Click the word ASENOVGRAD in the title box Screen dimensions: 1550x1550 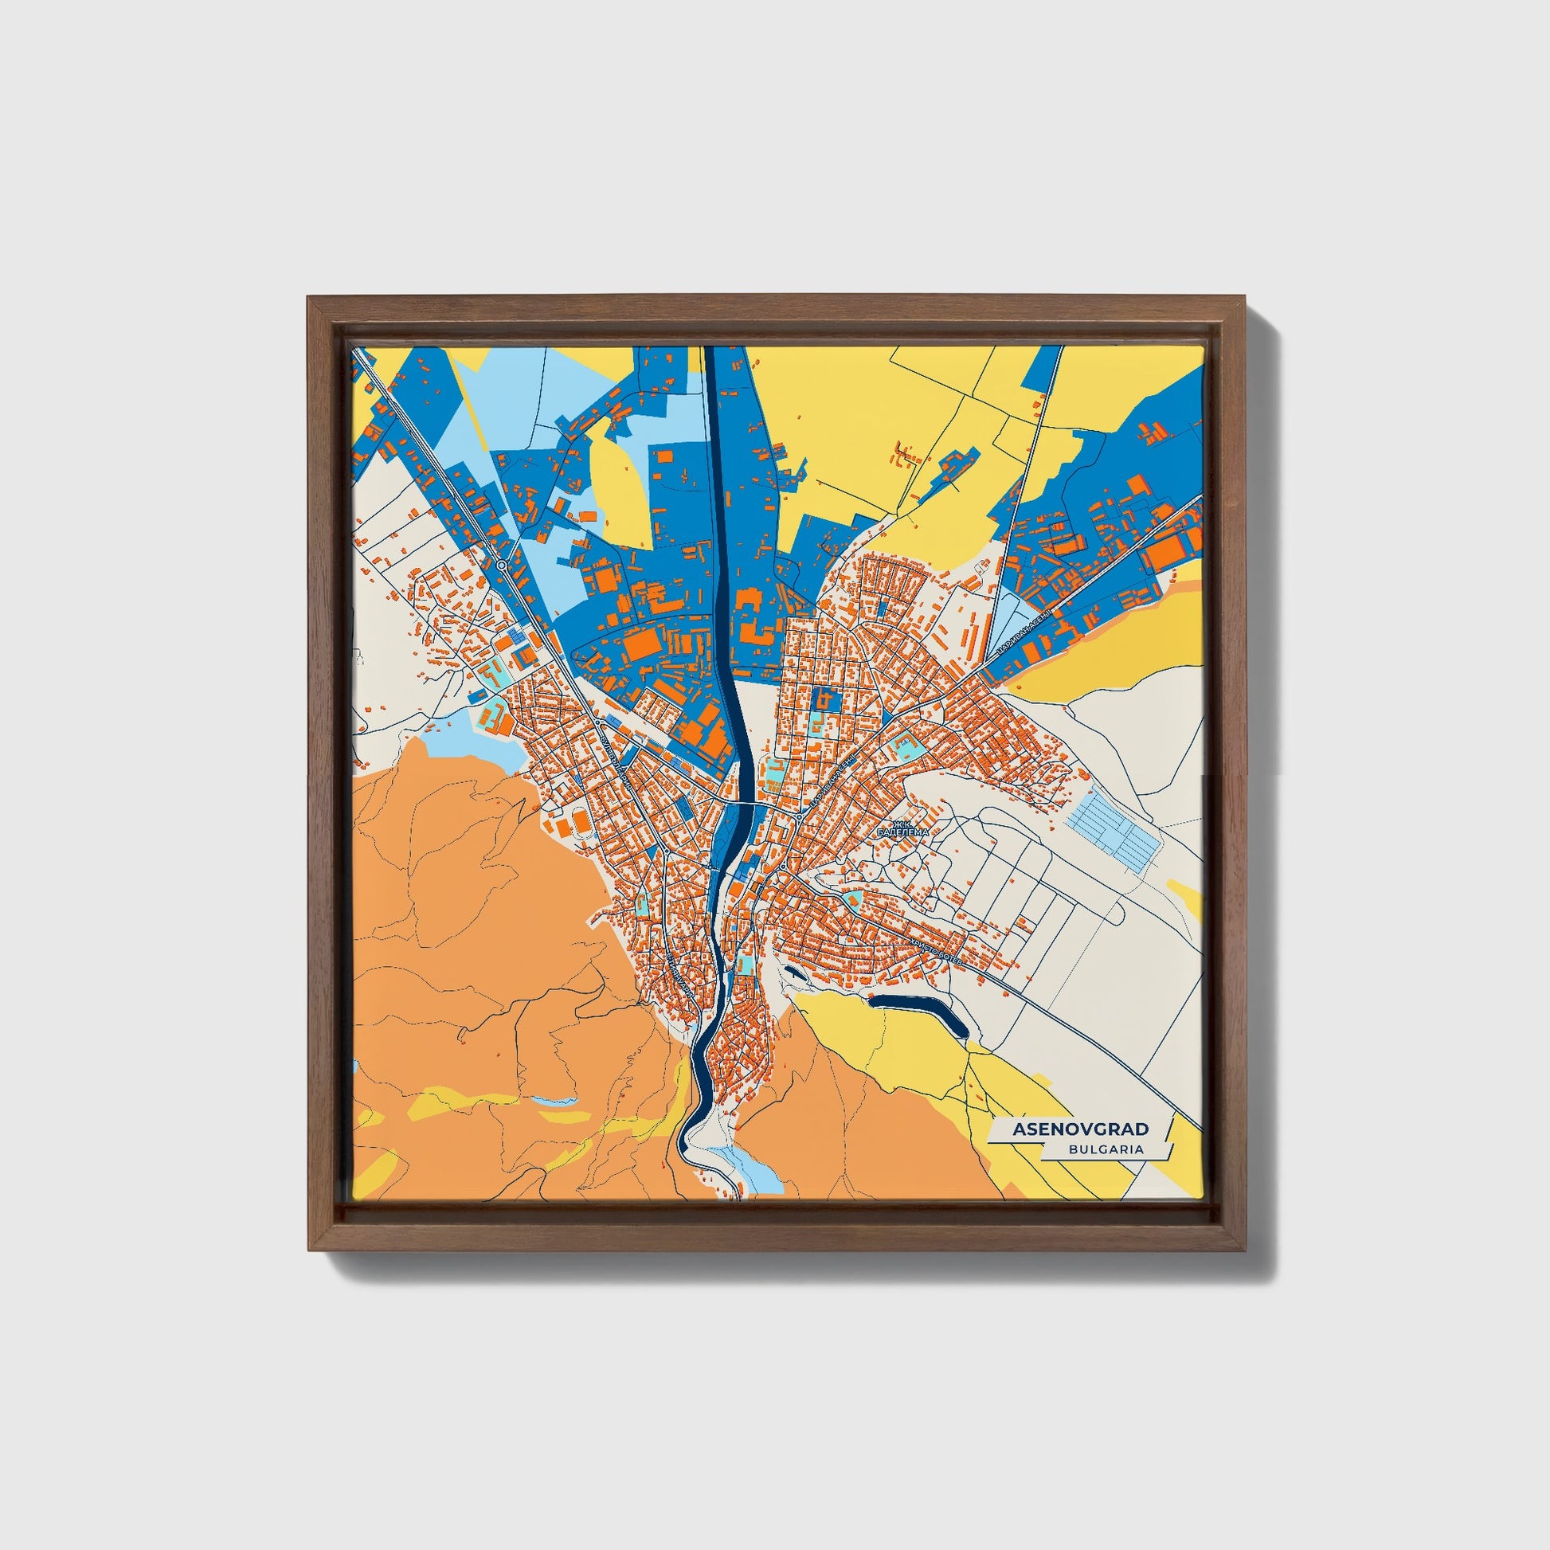point(1080,1129)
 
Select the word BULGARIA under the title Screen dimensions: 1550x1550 point(1106,1149)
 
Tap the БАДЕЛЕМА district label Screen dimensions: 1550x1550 point(903,833)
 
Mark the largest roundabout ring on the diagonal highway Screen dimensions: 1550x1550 point(503,566)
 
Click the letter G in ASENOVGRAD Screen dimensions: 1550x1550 point(1104,1129)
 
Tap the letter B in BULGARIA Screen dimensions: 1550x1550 point(1073,1149)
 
